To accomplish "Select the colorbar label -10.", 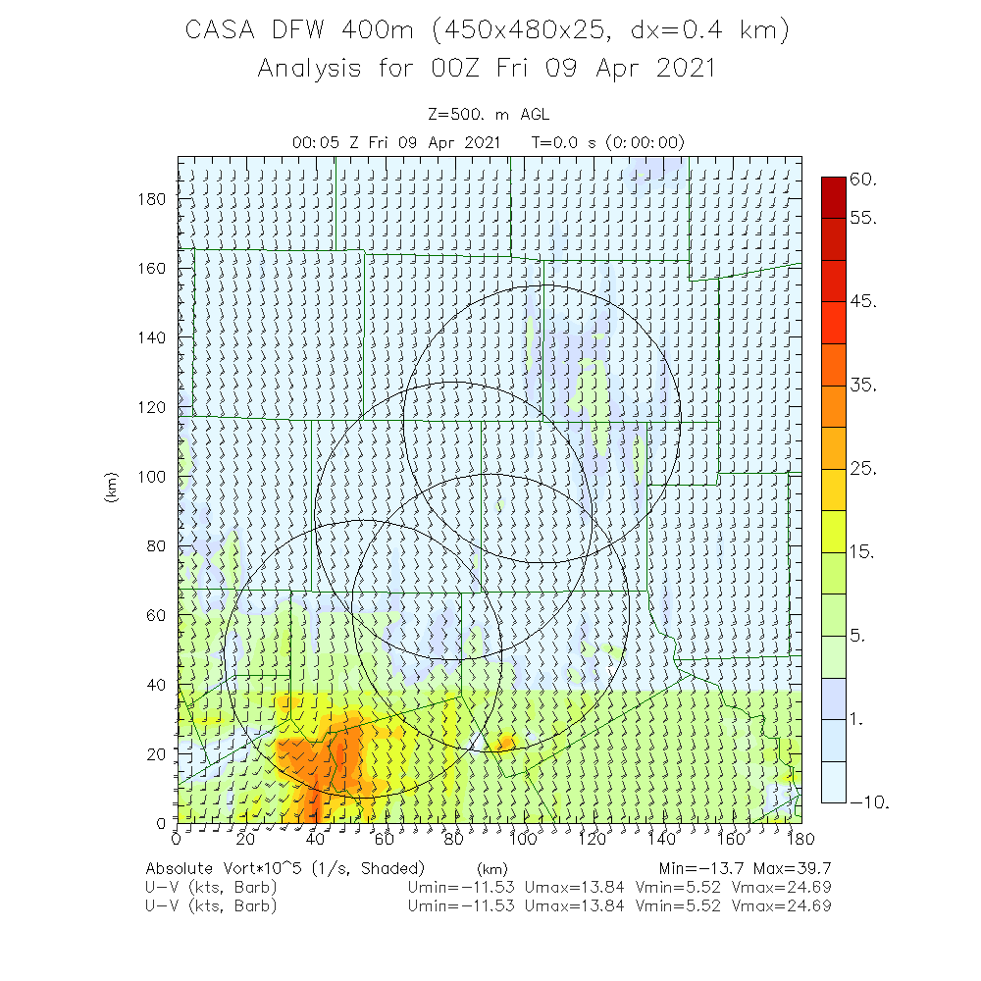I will coord(869,802).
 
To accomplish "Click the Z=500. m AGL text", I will coord(488,115).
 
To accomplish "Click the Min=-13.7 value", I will coord(705,869).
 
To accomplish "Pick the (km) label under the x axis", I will coord(491,869).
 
